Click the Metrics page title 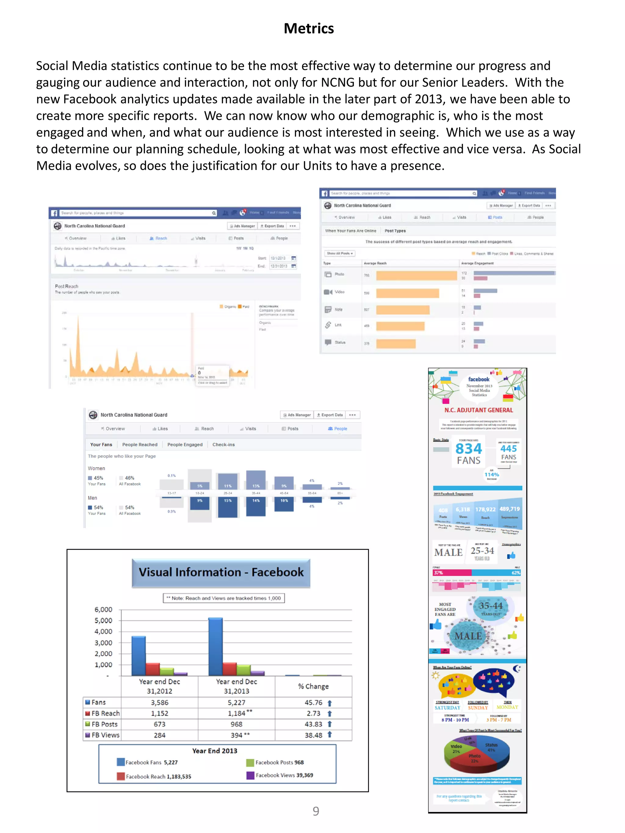(309, 29)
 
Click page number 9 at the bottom (316, 811)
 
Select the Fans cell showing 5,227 (236, 702)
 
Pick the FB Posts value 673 (159, 724)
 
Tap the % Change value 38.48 (313, 735)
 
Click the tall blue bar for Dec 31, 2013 (215, 646)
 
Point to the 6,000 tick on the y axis (103, 609)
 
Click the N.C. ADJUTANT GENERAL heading (479, 410)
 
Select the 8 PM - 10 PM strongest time (455, 720)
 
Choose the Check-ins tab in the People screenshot (223, 444)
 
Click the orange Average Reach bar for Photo (416, 275)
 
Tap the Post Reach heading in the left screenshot (67, 286)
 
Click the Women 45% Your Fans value (98, 478)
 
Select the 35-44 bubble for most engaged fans (490, 606)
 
